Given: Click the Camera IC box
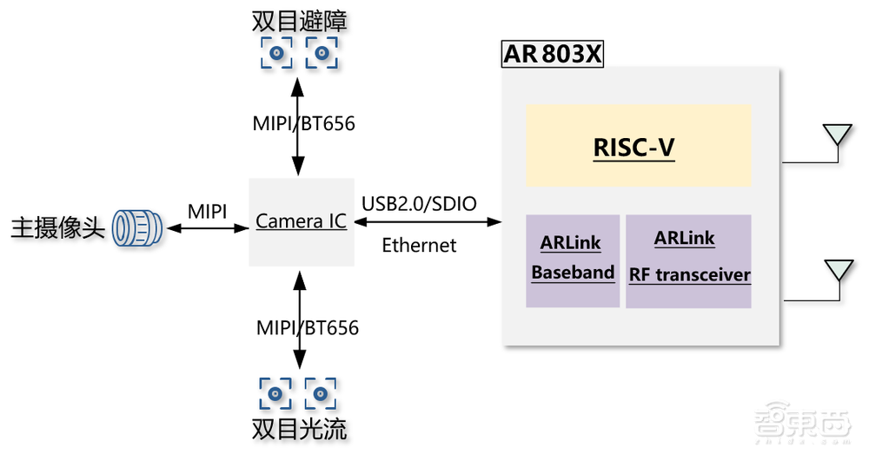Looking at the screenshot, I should pyautogui.click(x=301, y=222).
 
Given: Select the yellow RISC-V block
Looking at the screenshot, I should pyautogui.click(x=638, y=146).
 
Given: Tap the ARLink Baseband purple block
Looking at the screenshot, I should pyautogui.click(x=573, y=260).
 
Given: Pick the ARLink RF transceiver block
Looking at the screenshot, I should pyautogui.click(x=688, y=260).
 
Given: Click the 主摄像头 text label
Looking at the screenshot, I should pyautogui.click(x=57, y=229).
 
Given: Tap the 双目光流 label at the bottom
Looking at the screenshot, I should pyautogui.click(x=299, y=430).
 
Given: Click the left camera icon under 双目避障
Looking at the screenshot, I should pyautogui.click(x=278, y=55).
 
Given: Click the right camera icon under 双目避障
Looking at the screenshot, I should pyautogui.click(x=321, y=55).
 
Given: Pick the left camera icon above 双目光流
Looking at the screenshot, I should pyautogui.click(x=277, y=392).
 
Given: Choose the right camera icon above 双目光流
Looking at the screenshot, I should pyautogui.click(x=321, y=392).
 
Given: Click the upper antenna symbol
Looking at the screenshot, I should pyautogui.click(x=837, y=135).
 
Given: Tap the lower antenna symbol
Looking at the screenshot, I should pyautogui.click(x=837, y=271).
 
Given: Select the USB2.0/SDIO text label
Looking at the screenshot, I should pyautogui.click(x=419, y=203).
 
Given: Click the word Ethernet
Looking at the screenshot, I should pyautogui.click(x=419, y=246).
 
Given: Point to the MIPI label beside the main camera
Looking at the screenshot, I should pyautogui.click(x=208, y=211).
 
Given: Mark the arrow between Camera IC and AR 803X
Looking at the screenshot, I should pyautogui.click(x=427, y=223).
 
